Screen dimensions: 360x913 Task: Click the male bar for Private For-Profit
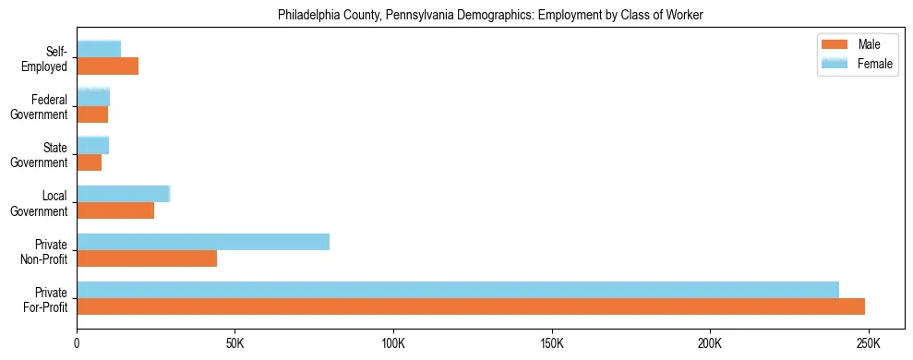[x=471, y=306]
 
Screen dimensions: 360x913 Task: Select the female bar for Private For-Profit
[x=458, y=290]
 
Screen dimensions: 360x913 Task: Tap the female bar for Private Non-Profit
[x=203, y=242]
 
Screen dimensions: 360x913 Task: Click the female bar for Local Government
[x=124, y=194]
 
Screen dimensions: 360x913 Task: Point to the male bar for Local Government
[x=115, y=210]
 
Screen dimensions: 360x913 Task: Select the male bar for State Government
[x=90, y=162]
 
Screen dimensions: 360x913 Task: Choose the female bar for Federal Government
[x=93, y=97]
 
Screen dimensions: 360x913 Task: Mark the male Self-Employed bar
[x=108, y=66]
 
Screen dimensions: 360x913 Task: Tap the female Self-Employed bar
[x=99, y=50]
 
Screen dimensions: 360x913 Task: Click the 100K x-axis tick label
[x=393, y=343]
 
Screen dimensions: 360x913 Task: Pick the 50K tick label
[x=234, y=343]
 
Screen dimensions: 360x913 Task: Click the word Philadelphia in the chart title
[x=311, y=15]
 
